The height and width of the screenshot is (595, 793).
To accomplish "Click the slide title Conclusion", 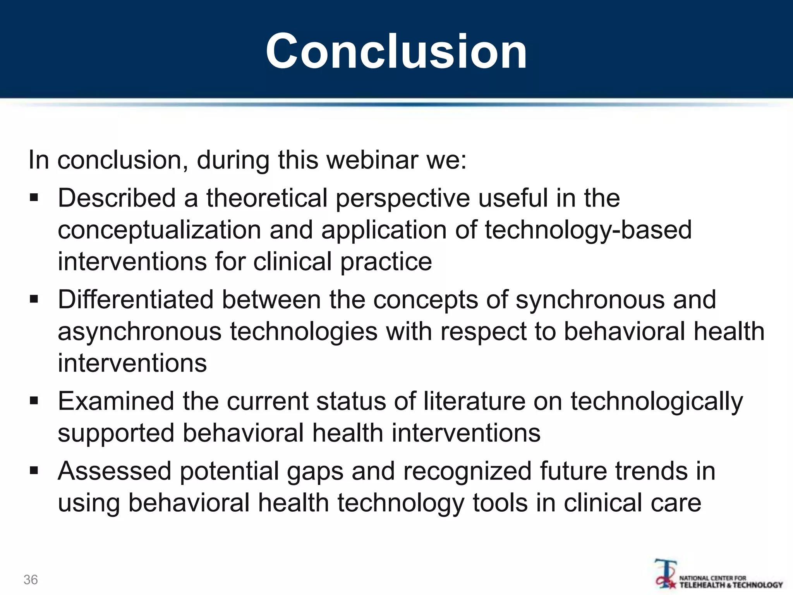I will (x=396, y=51).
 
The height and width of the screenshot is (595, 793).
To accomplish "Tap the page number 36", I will (x=31, y=580).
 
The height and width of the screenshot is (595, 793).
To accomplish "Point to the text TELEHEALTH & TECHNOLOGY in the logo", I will (x=731, y=585).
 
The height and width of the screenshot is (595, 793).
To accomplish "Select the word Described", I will (x=117, y=198).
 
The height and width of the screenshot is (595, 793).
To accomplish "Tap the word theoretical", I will (x=267, y=198).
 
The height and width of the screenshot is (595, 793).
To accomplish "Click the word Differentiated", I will (x=136, y=300).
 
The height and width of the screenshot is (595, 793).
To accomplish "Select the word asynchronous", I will (x=140, y=332).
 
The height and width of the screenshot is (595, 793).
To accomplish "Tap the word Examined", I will (x=116, y=401).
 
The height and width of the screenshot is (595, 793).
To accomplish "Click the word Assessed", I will (x=115, y=471).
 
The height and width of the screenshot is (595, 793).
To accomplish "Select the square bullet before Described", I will (x=34, y=198).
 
